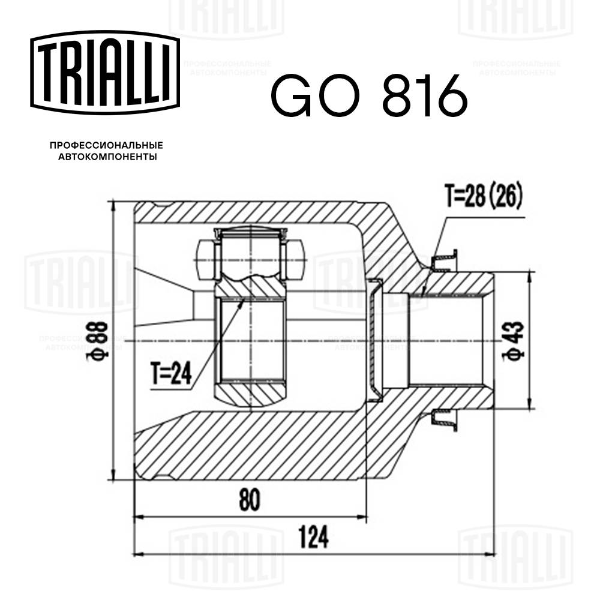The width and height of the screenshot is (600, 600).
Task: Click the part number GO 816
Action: pos(368,95)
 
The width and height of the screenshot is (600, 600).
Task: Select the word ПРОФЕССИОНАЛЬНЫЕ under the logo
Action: pos(106,146)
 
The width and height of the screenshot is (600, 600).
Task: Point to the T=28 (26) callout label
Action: pos(484,195)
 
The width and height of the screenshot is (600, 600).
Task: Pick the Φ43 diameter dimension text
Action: pos(515,340)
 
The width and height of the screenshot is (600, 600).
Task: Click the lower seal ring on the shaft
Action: pos(445,418)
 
